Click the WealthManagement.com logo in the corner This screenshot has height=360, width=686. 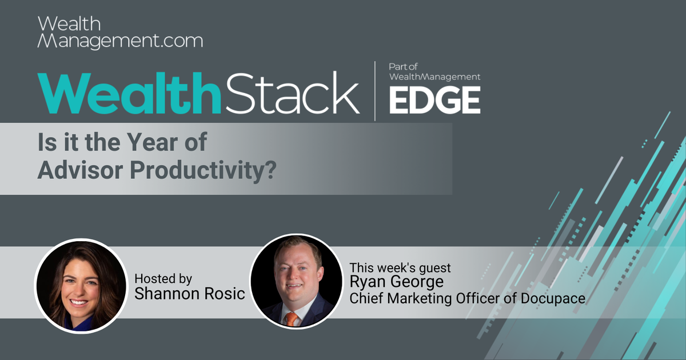tap(120, 33)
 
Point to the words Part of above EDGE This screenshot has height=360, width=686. tap(404, 67)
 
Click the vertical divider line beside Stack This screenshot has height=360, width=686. tap(375, 91)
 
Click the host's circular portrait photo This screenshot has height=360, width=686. tap(81, 286)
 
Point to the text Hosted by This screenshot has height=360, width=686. tap(163, 279)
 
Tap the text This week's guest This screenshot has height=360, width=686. tap(400, 267)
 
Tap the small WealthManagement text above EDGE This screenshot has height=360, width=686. tap(434, 77)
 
